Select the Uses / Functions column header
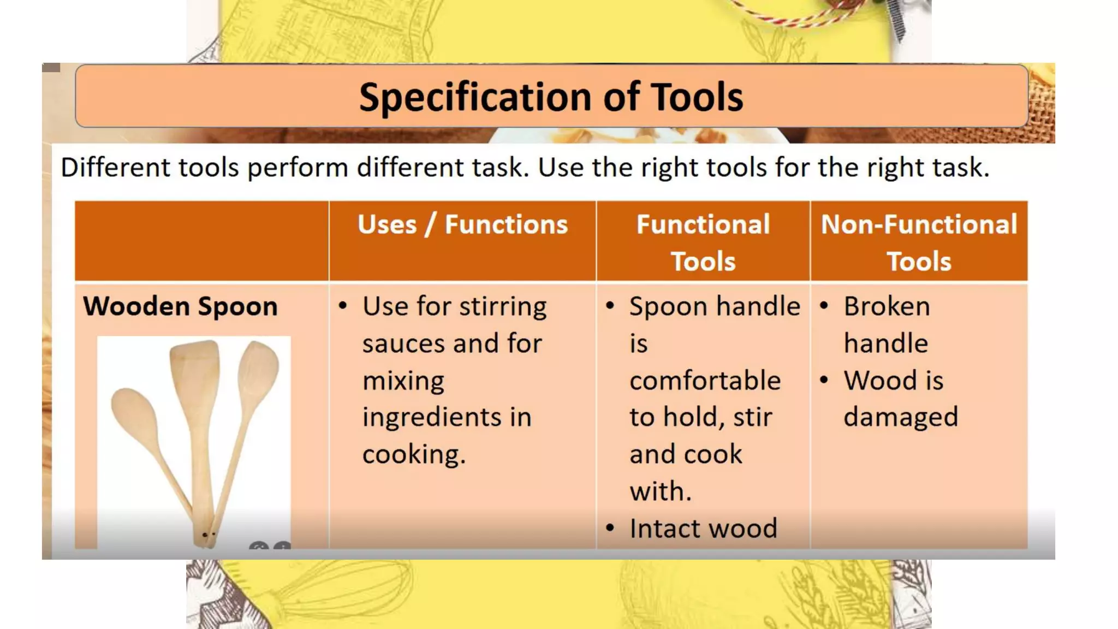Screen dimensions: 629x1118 tap(462, 224)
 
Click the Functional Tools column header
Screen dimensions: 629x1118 tap(703, 242)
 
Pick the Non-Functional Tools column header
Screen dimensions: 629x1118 tap(919, 242)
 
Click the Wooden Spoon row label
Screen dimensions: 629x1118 tap(180, 306)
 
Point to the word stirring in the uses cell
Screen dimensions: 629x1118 tap(503, 306)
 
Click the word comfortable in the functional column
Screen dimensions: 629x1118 tap(705, 381)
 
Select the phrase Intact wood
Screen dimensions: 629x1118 tap(703, 529)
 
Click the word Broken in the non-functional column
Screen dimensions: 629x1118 tap(887, 306)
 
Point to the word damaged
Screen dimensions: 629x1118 tap(901, 417)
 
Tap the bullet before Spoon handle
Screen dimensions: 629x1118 tap(610, 306)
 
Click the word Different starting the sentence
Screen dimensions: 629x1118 tap(115, 167)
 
